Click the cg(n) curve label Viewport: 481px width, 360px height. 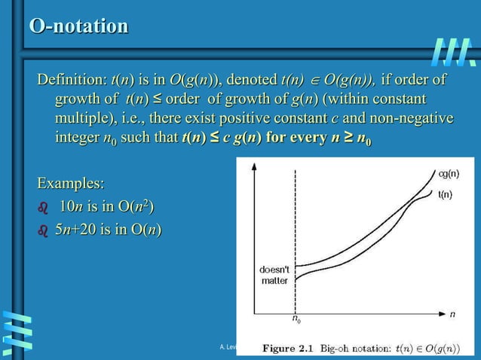(x=449, y=173)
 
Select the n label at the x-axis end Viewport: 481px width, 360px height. (x=452, y=314)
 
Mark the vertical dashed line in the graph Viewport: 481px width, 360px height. (x=295, y=226)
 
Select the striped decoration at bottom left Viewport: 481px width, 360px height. (x=17, y=331)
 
